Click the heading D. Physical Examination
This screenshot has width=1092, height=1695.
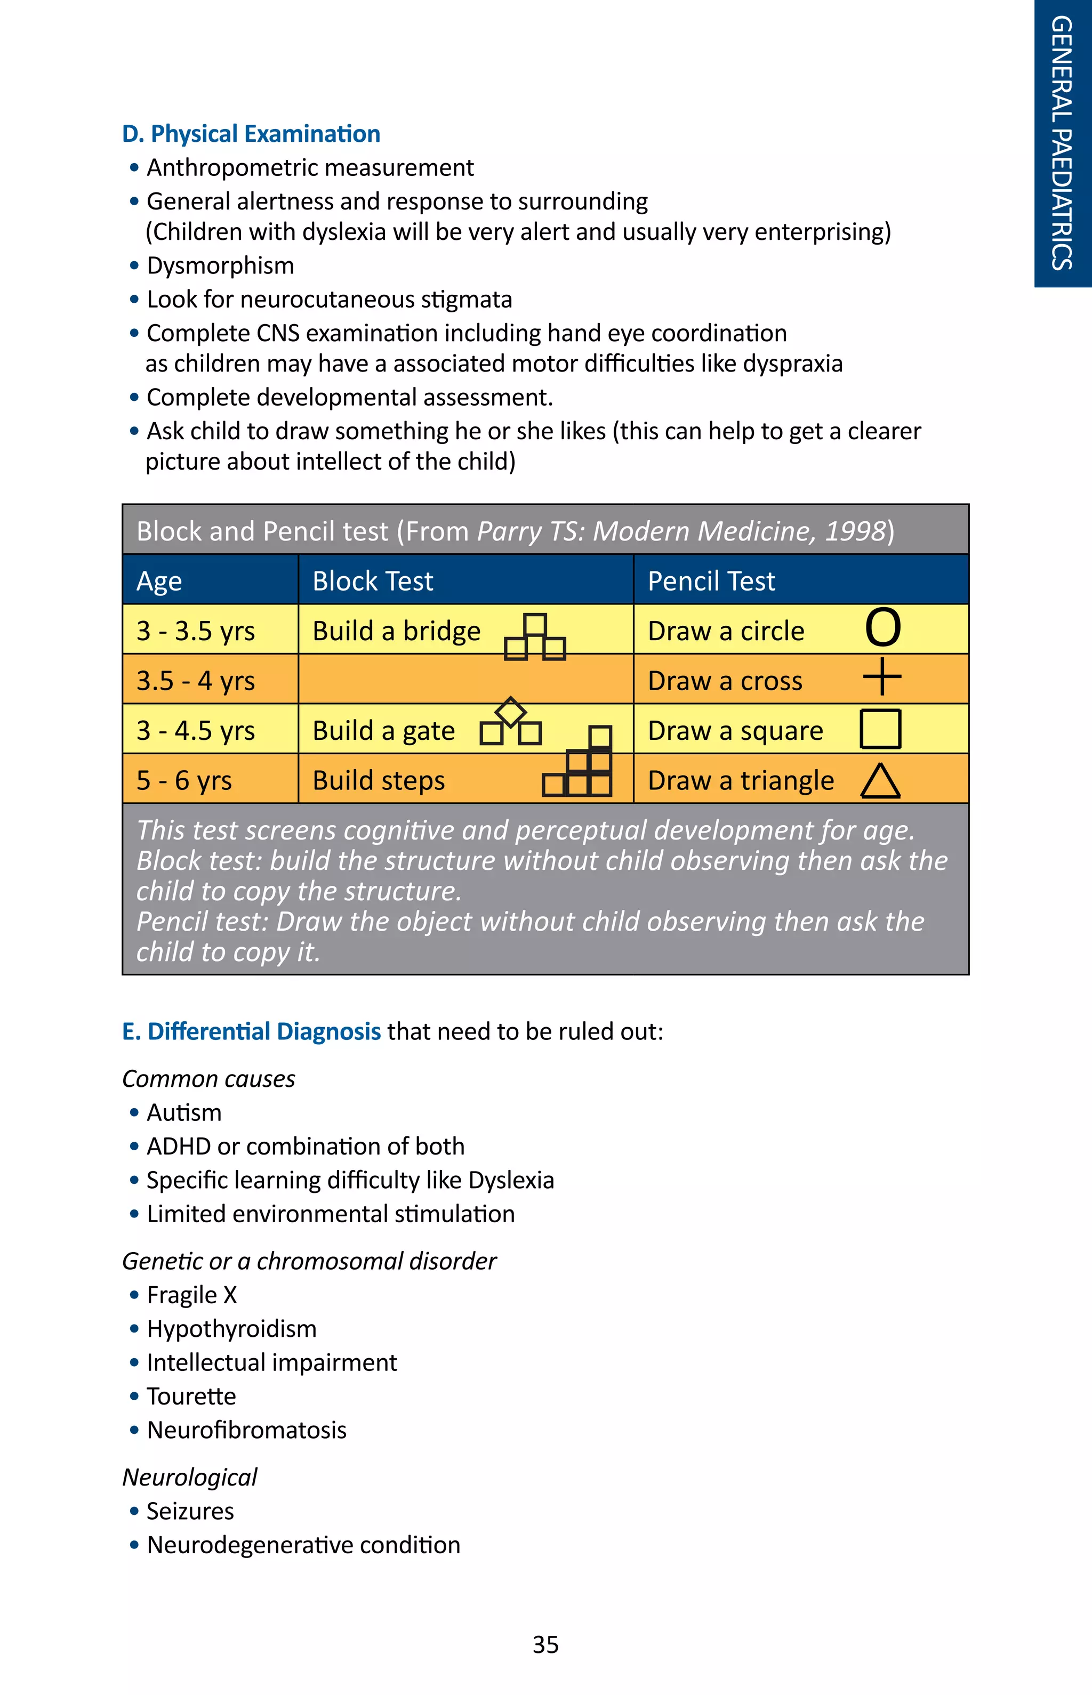click(251, 134)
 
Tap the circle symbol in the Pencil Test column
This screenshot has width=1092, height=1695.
click(883, 627)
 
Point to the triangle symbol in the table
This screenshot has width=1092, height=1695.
click(881, 781)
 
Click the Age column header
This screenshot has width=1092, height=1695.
click(159, 582)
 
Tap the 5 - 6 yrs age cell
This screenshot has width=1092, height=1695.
click(184, 780)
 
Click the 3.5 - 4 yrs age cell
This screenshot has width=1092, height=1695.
click(196, 681)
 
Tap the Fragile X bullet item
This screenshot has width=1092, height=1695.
click(191, 1295)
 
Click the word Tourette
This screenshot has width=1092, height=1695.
click(191, 1396)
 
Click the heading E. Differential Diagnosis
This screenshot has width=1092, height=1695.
click(251, 1031)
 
